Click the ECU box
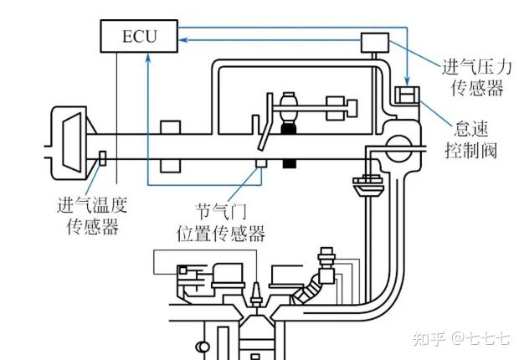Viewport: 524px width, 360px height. (x=139, y=36)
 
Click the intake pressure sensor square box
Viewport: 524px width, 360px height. (x=375, y=43)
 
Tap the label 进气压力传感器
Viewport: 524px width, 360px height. (x=477, y=78)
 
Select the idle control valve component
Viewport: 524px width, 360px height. (x=407, y=95)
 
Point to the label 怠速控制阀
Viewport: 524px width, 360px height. (x=471, y=140)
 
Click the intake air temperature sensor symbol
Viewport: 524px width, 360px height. (x=103, y=158)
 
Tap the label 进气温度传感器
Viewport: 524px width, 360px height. (x=92, y=215)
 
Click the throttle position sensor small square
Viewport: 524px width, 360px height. (x=261, y=162)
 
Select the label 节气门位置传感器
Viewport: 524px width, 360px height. (x=221, y=222)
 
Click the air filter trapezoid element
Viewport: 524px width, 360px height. (x=72, y=142)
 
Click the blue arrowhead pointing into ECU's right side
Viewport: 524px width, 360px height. (x=183, y=40)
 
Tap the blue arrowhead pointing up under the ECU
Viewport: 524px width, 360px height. (x=148, y=59)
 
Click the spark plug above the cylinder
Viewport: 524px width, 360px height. (x=256, y=295)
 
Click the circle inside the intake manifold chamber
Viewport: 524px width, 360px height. (x=398, y=148)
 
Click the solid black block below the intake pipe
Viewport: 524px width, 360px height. (x=290, y=163)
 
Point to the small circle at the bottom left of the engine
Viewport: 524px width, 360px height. (x=203, y=347)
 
